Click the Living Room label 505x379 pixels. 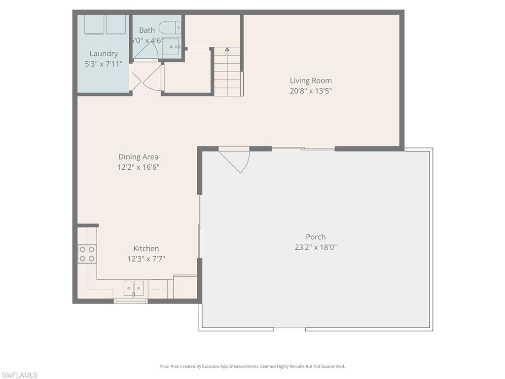(x=311, y=80)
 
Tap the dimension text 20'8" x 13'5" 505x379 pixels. (x=311, y=91)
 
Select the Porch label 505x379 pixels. (x=316, y=237)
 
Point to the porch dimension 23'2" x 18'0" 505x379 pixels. (x=316, y=247)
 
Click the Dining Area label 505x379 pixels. (x=138, y=157)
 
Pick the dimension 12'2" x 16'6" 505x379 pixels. (x=138, y=167)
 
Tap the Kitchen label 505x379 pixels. (x=146, y=249)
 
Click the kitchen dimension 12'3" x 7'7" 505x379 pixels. (x=146, y=259)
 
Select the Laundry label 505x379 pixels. (x=104, y=54)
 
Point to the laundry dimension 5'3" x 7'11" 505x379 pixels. (x=104, y=64)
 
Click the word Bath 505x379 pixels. (x=147, y=30)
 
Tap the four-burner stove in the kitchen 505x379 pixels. (x=87, y=254)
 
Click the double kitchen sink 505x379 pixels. (x=134, y=288)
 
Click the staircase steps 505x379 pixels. (x=227, y=74)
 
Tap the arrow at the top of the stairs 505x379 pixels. (x=227, y=49)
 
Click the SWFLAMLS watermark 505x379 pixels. (x=19, y=375)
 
